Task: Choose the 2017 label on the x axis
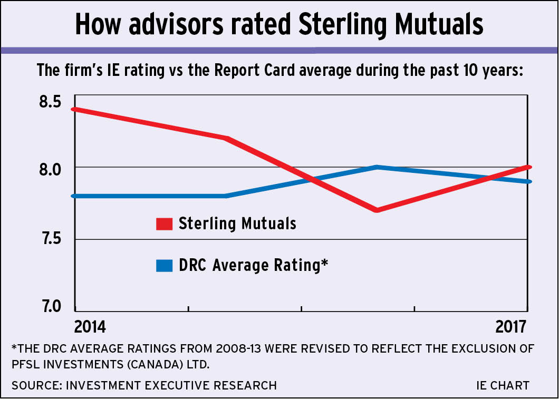(512, 327)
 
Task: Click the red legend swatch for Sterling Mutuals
(165, 224)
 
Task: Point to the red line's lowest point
(376, 210)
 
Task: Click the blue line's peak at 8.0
(376, 167)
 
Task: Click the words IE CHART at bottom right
(502, 386)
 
